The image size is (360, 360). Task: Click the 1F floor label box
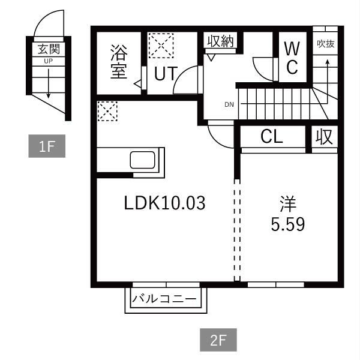click(x=47, y=146)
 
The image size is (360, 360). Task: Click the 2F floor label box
click(x=218, y=340)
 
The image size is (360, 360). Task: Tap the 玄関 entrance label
click(x=49, y=49)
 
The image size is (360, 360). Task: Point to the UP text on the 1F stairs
click(x=48, y=61)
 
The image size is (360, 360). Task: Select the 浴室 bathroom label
click(x=119, y=62)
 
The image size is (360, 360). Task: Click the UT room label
click(x=166, y=73)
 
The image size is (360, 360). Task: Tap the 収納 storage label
click(x=220, y=41)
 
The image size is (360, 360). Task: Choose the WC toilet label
click(x=292, y=58)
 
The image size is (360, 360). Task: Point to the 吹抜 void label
click(x=326, y=44)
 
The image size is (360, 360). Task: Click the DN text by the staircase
click(x=229, y=104)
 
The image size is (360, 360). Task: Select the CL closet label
click(x=272, y=137)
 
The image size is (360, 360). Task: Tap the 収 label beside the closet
click(x=324, y=137)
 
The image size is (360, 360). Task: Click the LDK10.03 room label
click(x=164, y=203)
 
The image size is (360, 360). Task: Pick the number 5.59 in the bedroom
click(x=288, y=224)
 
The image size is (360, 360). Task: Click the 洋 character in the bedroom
click(x=288, y=204)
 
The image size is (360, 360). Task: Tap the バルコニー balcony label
click(x=164, y=299)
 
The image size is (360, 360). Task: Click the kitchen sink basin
click(x=143, y=160)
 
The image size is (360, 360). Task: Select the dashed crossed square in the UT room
click(x=161, y=46)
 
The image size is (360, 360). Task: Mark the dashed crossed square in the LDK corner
click(x=107, y=111)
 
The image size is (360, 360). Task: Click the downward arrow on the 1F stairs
click(x=48, y=83)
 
